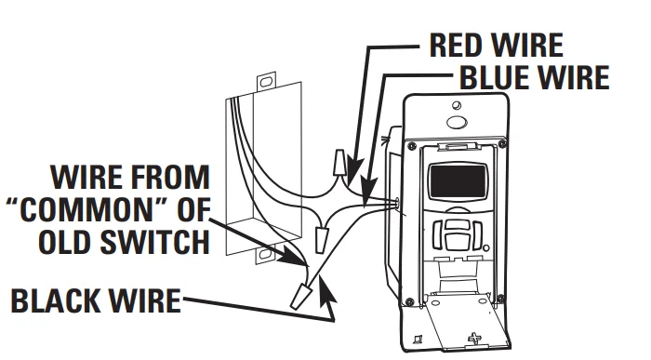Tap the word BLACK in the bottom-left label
(55, 300)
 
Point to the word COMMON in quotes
(88, 209)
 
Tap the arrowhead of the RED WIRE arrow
(353, 170)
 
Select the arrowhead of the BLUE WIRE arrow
(366, 190)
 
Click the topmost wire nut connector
(339, 163)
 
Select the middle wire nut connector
(321, 239)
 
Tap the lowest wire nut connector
(299, 295)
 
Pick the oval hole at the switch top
(457, 123)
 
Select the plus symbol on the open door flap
(473, 339)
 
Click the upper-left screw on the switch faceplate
(412, 146)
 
